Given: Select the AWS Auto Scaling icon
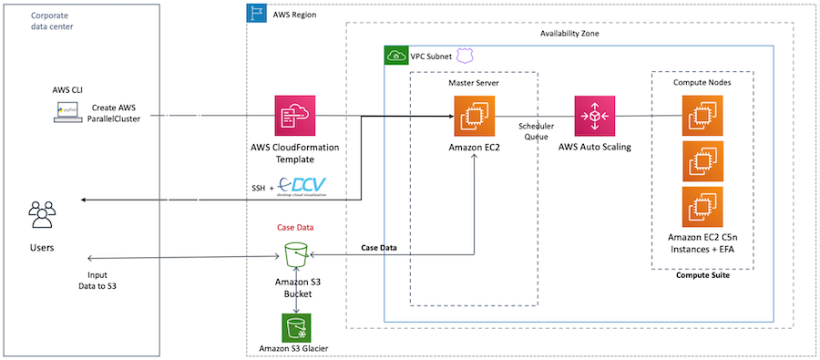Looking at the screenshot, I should pos(594,117).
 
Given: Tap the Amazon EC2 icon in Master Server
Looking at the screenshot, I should pos(476,117).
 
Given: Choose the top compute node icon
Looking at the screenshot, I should pos(702,117).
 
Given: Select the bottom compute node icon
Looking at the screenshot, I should pos(702,207).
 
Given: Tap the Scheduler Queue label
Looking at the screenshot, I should pos(536,133).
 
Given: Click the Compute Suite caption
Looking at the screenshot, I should pos(702,276).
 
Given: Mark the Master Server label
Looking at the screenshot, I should pos(474,83).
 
